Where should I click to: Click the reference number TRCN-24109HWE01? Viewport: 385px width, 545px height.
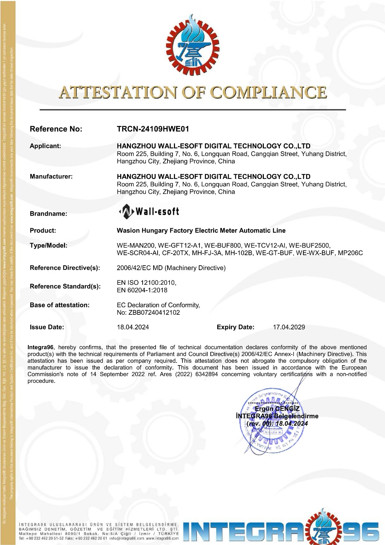[153, 129]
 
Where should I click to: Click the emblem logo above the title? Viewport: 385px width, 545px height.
[193, 45]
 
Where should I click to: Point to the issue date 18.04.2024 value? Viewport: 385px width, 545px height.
[133, 327]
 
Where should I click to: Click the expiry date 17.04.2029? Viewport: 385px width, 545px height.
[289, 327]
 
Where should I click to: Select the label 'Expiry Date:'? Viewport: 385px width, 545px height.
[235, 327]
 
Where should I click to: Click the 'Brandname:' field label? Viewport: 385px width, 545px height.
[48, 214]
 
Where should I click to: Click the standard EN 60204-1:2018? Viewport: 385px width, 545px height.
[142, 290]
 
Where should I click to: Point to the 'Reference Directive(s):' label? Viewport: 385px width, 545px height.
[65, 268]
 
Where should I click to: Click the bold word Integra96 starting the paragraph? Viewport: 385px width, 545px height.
[41, 347]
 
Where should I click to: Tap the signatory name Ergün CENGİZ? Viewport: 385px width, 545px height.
[277, 409]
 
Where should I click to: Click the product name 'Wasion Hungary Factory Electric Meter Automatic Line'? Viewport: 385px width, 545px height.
[201, 231]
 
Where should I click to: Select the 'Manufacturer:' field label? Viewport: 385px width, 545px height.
[51, 176]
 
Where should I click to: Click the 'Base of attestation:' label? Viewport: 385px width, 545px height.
[60, 305]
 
